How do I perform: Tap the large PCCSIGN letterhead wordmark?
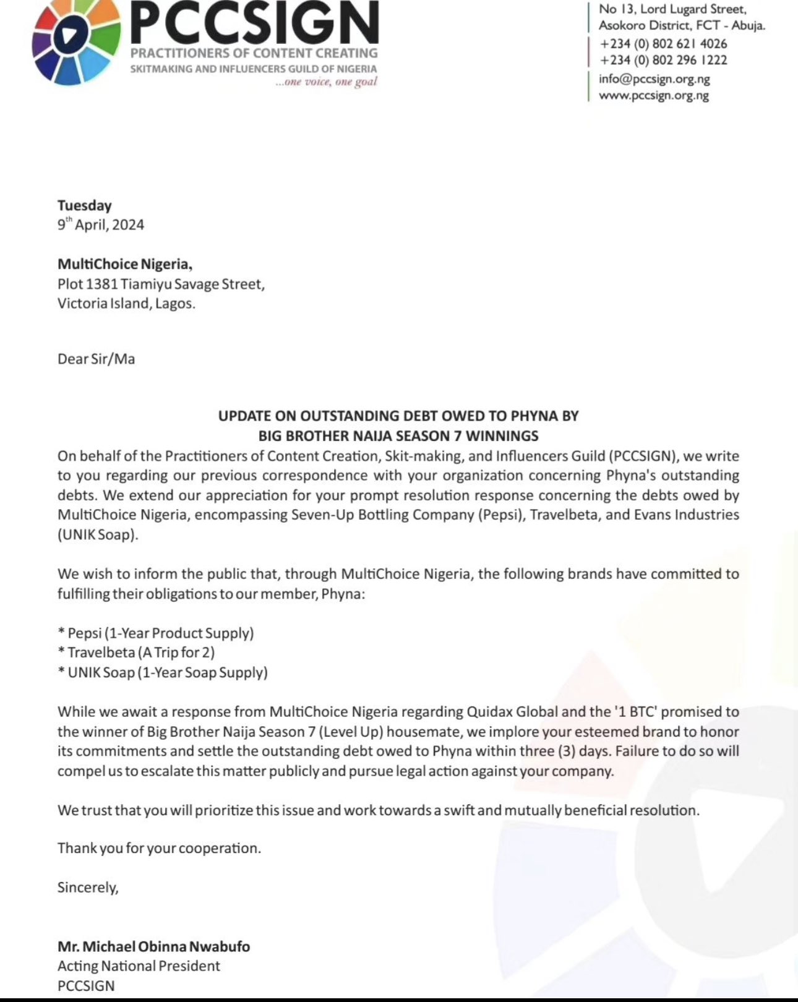point(254,24)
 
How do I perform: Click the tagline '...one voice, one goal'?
point(326,82)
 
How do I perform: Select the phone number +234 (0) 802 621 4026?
point(663,44)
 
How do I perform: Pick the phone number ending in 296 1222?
point(663,61)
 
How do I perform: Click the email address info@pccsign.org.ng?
point(654,79)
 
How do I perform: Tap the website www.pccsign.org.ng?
point(654,96)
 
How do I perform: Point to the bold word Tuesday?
point(85,205)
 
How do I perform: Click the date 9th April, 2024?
point(101,225)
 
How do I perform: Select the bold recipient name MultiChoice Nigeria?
point(125,264)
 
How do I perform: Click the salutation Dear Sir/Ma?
point(96,359)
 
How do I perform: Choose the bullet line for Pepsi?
point(156,633)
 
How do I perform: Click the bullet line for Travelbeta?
point(136,653)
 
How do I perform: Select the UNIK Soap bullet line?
point(163,672)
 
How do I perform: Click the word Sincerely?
point(88,888)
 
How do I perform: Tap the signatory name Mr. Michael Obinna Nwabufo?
point(154,946)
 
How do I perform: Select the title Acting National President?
point(139,966)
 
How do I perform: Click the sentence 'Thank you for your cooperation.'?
point(159,848)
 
